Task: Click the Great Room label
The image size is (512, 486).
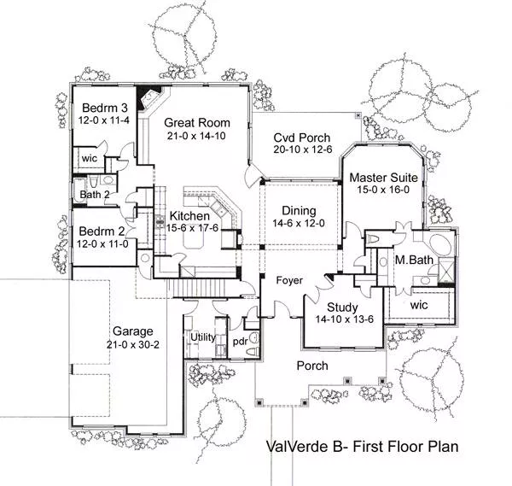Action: pyautogui.click(x=197, y=122)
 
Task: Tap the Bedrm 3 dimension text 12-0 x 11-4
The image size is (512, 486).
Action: pyautogui.click(x=104, y=120)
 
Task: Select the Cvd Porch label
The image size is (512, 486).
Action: pyautogui.click(x=302, y=138)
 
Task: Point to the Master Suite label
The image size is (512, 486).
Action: pyautogui.click(x=383, y=178)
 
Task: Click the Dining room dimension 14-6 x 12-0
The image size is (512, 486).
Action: pyautogui.click(x=299, y=223)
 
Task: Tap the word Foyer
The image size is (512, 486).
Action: pyautogui.click(x=289, y=280)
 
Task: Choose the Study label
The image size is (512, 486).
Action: pyautogui.click(x=342, y=307)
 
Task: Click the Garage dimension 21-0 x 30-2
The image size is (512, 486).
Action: pyautogui.click(x=132, y=344)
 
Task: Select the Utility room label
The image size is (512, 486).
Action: pyautogui.click(x=203, y=337)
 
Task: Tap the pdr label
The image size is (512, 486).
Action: pyautogui.click(x=241, y=342)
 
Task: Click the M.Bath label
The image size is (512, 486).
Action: pyautogui.click(x=414, y=261)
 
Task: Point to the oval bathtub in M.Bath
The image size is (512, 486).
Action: pyautogui.click(x=440, y=242)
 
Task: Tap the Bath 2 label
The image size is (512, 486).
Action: pyautogui.click(x=95, y=195)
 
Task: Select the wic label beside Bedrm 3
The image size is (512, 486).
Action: pyautogui.click(x=89, y=159)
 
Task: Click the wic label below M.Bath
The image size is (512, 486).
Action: pyautogui.click(x=419, y=305)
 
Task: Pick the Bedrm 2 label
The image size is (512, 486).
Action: pyautogui.click(x=102, y=231)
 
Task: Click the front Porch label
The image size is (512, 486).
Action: pyautogui.click(x=312, y=366)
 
